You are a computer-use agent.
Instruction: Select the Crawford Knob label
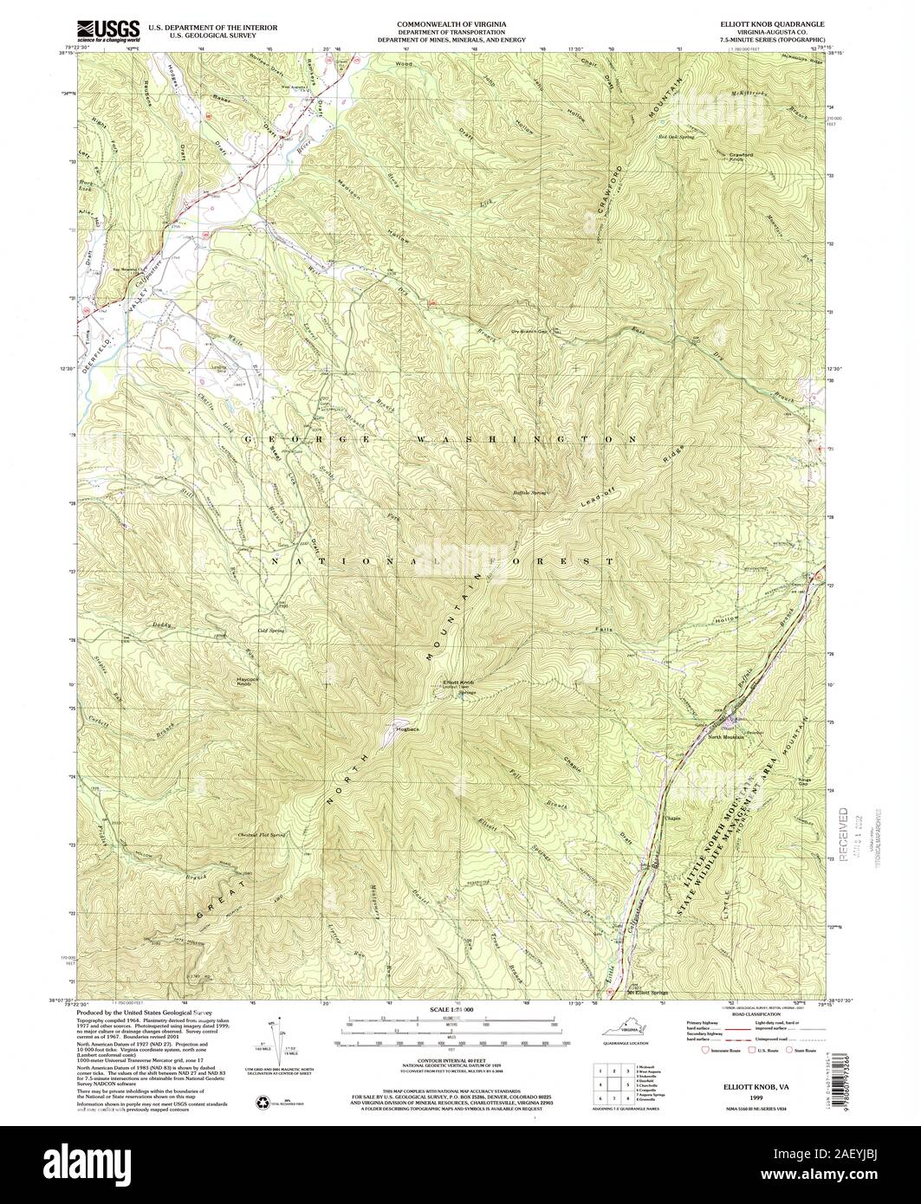736,157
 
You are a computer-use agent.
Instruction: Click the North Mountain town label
726,736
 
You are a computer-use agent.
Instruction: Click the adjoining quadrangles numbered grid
610,1083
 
